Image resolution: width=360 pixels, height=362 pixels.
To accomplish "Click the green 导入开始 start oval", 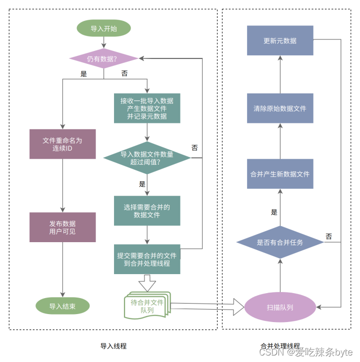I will click(103, 28).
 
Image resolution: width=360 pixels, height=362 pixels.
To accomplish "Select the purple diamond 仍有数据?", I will click(103, 59).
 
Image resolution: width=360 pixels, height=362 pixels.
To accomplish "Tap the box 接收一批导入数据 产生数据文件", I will click(146, 108).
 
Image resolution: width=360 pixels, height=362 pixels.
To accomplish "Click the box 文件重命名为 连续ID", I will click(62, 144).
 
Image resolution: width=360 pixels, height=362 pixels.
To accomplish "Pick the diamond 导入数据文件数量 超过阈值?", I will click(147, 158).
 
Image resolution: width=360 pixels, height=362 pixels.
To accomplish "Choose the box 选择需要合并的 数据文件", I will click(146, 211).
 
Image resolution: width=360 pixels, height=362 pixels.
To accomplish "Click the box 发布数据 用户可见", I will click(62, 228).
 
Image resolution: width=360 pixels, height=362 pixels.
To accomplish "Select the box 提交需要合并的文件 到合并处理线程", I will click(146, 259).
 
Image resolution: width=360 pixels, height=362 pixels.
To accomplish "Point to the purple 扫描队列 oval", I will click(280, 307).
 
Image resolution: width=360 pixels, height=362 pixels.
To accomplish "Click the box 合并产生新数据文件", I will click(280, 174).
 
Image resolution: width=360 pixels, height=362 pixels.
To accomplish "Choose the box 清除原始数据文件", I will click(280, 108).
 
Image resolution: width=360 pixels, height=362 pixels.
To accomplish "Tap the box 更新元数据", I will click(280, 40).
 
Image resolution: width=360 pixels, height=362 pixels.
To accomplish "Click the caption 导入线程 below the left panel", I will click(113, 346).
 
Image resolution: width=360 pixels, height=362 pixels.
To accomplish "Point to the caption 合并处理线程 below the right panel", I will click(280, 346).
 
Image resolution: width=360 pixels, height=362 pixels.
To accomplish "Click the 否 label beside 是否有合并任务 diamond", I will click(328, 236).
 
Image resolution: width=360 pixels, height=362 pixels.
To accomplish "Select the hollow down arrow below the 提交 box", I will click(147, 284).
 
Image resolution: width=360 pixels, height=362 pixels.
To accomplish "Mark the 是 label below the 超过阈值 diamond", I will click(142, 184).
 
